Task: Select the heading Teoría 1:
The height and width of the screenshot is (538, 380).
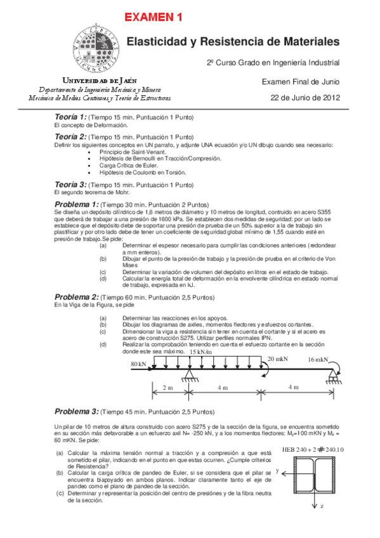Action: (70, 117)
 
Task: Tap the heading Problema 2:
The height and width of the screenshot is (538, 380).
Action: (77, 297)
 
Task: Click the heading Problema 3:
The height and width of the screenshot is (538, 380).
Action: (77, 411)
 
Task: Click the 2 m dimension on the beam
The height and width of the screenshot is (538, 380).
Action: (167, 386)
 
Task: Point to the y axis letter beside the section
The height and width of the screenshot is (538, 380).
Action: (278, 470)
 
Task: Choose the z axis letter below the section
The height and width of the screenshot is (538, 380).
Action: (322, 506)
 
